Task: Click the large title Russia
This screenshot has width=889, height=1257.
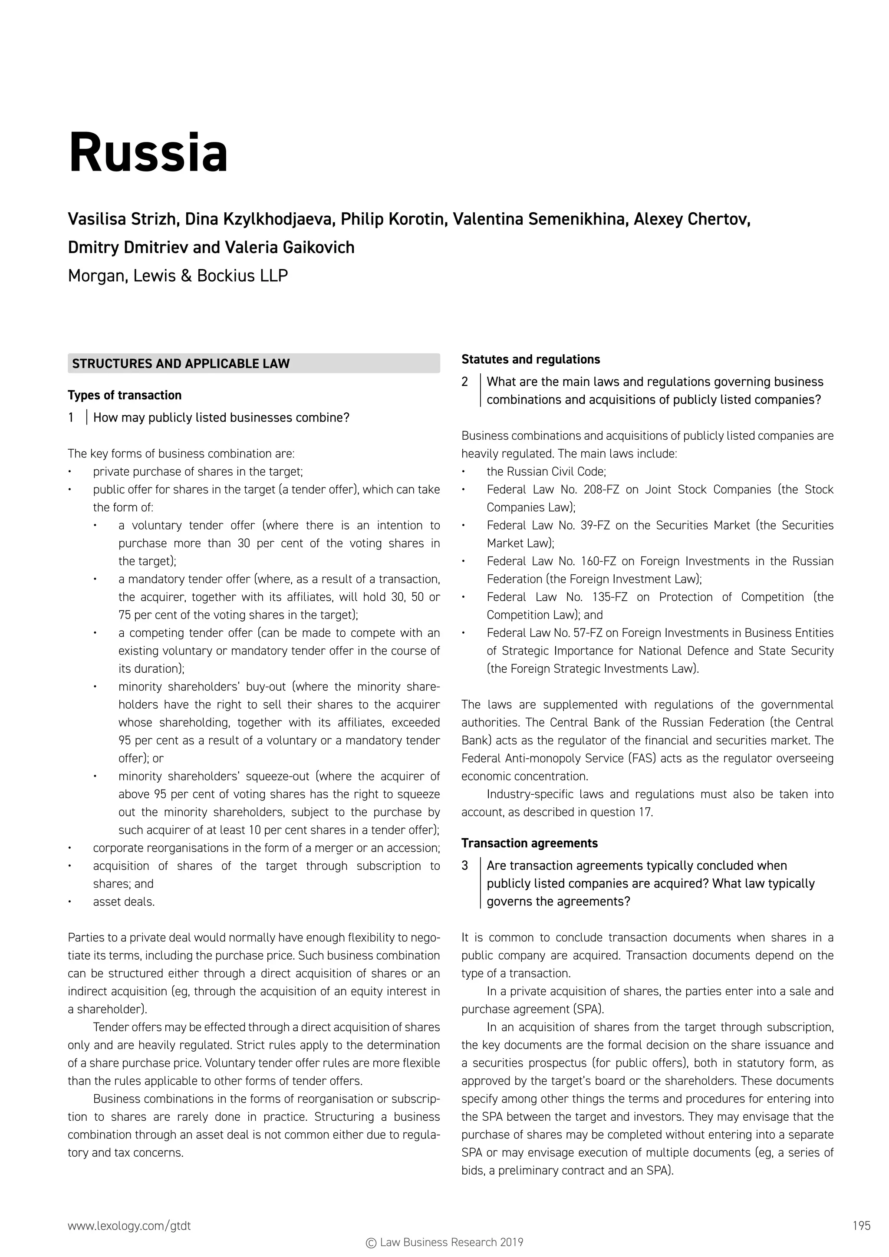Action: click(148, 153)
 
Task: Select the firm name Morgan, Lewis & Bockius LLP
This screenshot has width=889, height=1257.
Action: click(178, 275)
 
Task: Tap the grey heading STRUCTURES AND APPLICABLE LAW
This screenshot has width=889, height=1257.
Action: click(181, 364)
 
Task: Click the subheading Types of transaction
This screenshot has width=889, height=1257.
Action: click(124, 395)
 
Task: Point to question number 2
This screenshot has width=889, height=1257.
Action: click(465, 382)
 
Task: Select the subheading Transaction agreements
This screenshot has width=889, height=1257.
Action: click(529, 843)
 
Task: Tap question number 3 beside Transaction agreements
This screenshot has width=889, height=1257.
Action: click(465, 865)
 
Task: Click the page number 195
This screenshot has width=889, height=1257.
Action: click(861, 1226)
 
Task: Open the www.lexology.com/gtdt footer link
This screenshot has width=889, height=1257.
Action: click(129, 1226)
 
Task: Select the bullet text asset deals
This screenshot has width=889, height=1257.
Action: click(124, 902)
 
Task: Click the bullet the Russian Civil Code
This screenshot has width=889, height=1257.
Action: click(546, 471)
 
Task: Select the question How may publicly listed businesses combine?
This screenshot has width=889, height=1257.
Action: click(221, 418)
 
